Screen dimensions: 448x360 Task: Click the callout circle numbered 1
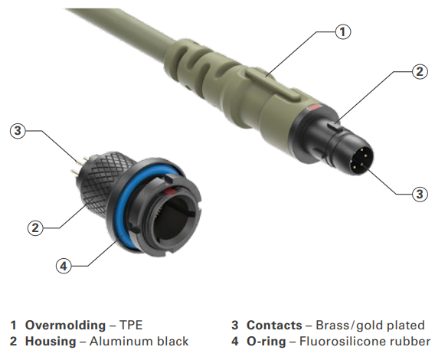click(x=342, y=31)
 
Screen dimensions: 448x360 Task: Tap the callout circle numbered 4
click(x=64, y=266)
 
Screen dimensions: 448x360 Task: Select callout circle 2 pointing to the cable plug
click(x=420, y=71)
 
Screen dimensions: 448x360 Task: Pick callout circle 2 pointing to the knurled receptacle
click(x=35, y=227)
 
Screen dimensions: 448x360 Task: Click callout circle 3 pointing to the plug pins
click(x=420, y=194)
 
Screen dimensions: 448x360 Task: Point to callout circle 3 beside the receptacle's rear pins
click(x=18, y=130)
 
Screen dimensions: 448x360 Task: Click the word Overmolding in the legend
click(x=65, y=325)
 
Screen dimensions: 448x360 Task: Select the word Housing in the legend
click(x=51, y=341)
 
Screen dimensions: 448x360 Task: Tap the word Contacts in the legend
click(x=274, y=325)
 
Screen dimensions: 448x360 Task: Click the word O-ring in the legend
click(x=267, y=342)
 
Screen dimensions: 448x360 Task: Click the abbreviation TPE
click(x=131, y=325)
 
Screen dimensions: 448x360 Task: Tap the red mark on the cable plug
click(x=314, y=108)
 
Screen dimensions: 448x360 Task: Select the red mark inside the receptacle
click(x=171, y=191)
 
